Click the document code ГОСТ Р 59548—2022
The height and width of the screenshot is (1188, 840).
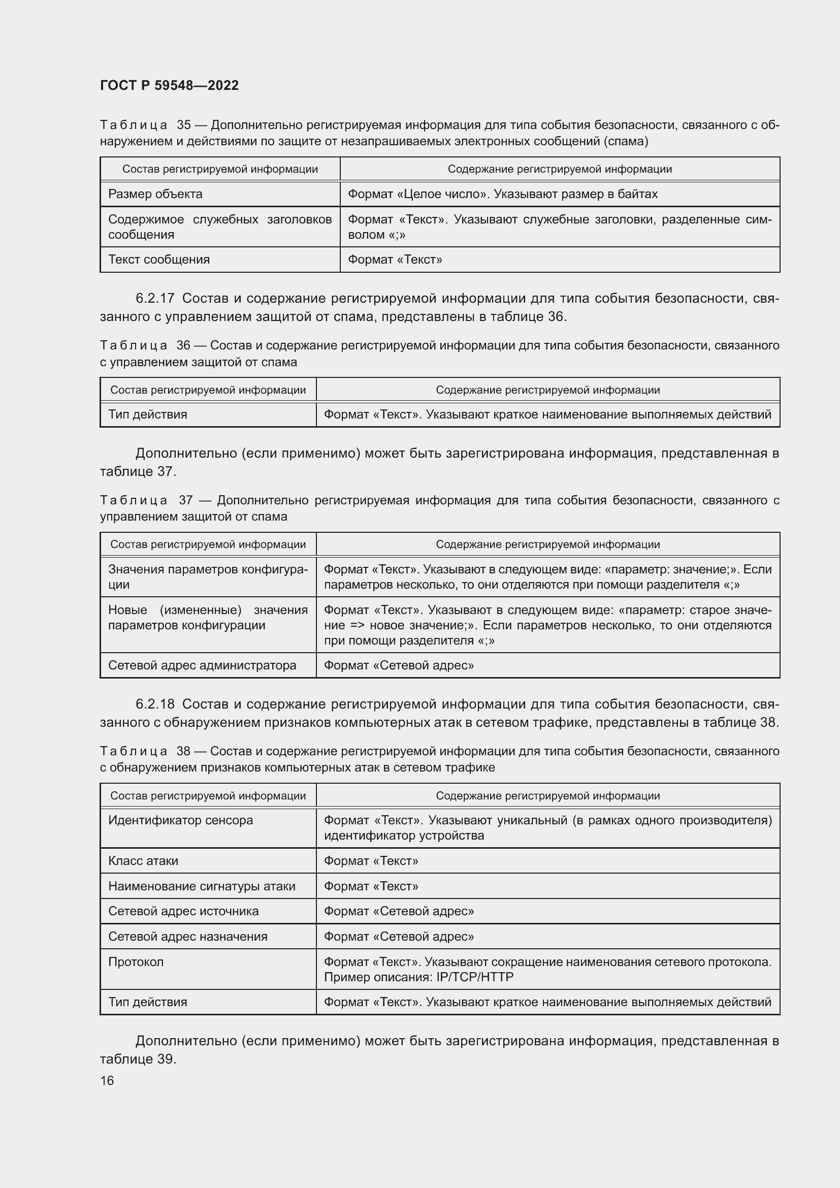coord(169,85)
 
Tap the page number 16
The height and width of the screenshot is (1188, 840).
coord(107,1080)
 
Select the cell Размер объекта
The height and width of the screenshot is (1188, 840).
coord(155,194)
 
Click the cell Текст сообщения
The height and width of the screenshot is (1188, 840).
coord(159,260)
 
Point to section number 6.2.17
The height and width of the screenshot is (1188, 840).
coord(155,299)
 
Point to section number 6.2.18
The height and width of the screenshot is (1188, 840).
coord(155,704)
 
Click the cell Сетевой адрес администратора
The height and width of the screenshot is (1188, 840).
coord(202,665)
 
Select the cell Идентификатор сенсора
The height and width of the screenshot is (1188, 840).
coord(180,820)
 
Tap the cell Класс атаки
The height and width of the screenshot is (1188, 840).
coord(143,861)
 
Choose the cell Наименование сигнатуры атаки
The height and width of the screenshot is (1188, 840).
coord(202,886)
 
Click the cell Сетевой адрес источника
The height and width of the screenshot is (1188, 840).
coord(183,911)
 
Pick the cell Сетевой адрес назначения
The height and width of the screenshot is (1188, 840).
coord(188,937)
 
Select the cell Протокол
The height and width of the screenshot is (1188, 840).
coord(136,962)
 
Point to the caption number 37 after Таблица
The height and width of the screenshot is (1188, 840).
coord(186,500)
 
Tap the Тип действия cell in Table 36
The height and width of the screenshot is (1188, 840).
coord(147,414)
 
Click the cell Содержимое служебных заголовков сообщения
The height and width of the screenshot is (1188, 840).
coord(220,227)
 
